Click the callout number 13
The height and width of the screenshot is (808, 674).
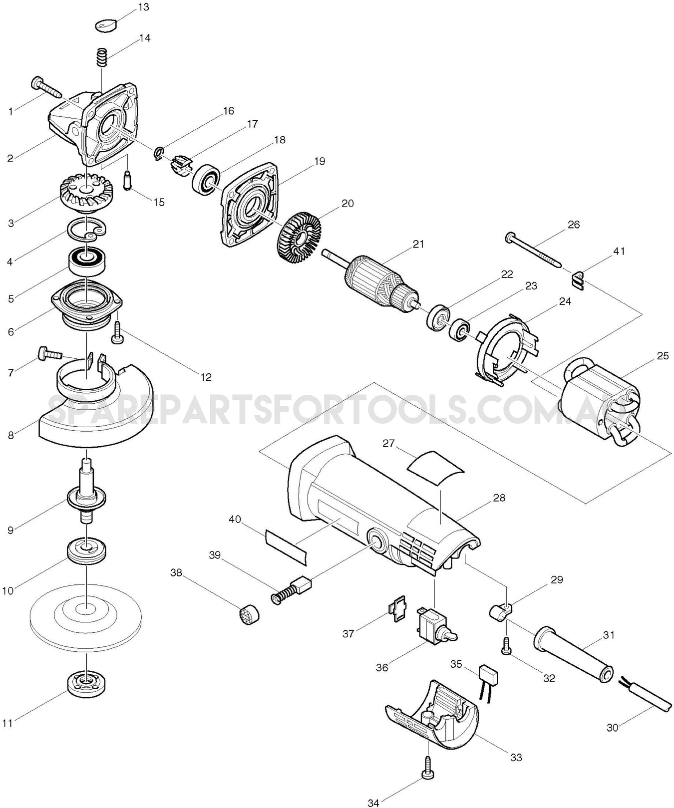143,7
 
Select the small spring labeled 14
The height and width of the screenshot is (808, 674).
102,56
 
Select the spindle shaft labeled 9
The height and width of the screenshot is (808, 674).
87,494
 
